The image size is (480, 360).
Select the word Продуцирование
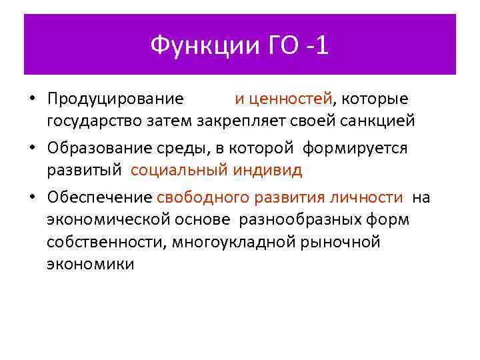click(x=115, y=99)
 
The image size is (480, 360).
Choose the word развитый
click(x=84, y=170)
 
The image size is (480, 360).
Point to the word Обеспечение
click(x=99, y=197)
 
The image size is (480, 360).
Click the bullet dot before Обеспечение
click(x=31, y=198)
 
